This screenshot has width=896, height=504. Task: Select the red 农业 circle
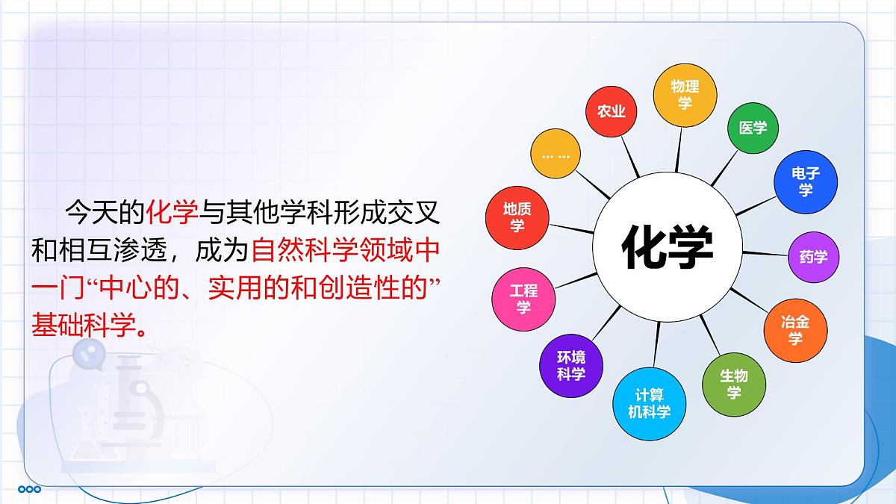click(612, 111)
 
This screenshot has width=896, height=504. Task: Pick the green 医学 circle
click(753, 128)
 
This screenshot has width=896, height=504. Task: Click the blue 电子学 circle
click(805, 181)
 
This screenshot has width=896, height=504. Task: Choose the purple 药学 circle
click(813, 257)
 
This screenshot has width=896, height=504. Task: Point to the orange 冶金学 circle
click(794, 329)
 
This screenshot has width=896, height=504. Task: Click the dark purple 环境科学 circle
click(570, 366)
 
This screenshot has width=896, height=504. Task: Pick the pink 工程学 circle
click(523, 298)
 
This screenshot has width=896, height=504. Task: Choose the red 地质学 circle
click(517, 217)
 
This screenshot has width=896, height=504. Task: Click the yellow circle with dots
click(556, 156)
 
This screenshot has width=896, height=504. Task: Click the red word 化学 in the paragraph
click(172, 213)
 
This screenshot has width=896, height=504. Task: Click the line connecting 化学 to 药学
click(765, 254)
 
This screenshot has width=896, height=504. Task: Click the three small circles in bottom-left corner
click(30, 489)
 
